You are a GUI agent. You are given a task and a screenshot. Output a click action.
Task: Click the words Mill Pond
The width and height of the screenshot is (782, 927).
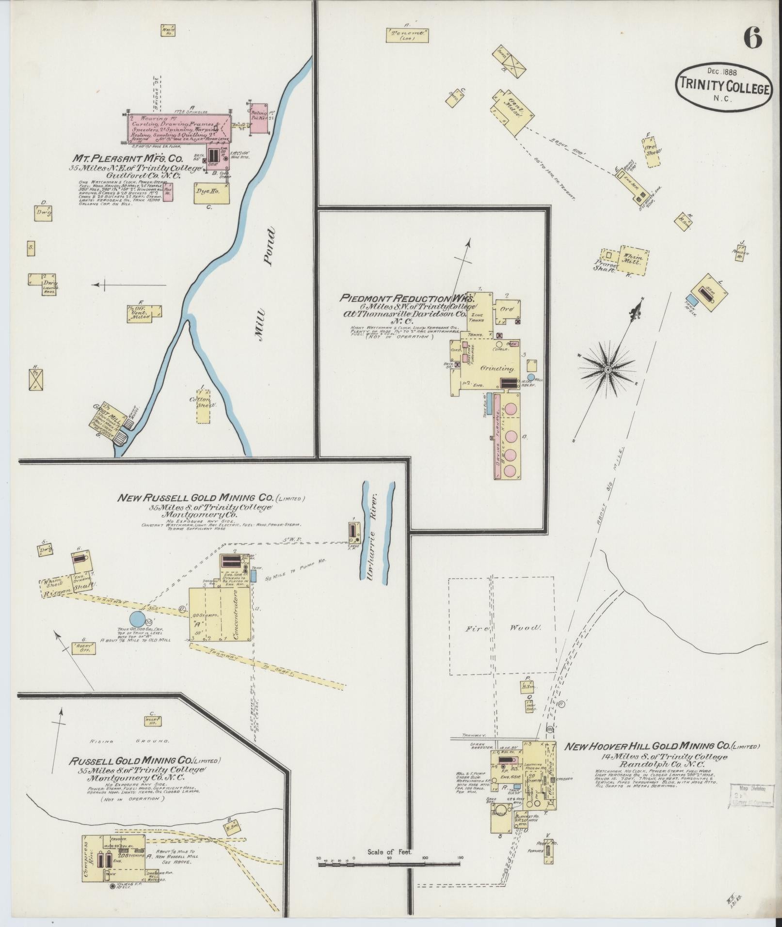click(265, 286)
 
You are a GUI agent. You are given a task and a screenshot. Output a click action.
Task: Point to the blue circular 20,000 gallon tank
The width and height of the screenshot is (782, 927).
click(137, 619)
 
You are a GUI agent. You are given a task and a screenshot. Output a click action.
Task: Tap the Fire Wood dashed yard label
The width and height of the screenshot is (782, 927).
click(502, 628)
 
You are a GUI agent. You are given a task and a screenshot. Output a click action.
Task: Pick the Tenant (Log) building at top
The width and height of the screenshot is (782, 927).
click(408, 35)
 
